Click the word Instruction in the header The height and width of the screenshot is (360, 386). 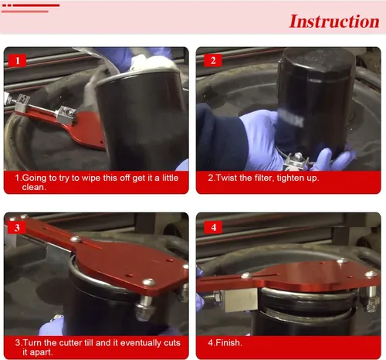tap(334, 21)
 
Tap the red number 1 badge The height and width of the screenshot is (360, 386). tap(17, 60)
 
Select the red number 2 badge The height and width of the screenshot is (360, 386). tap(213, 60)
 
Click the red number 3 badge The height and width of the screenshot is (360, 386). tap(17, 227)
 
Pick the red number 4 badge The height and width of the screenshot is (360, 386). tap(213, 227)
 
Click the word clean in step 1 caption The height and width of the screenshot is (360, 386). tap(34, 187)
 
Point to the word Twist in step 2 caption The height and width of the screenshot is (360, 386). tap(226, 178)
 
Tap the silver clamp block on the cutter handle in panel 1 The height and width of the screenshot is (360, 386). tap(66, 115)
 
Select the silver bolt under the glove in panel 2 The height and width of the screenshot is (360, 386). tap(296, 160)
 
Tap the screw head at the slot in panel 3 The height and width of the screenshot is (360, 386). tap(76, 239)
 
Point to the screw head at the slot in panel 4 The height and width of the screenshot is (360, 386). tap(246, 276)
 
